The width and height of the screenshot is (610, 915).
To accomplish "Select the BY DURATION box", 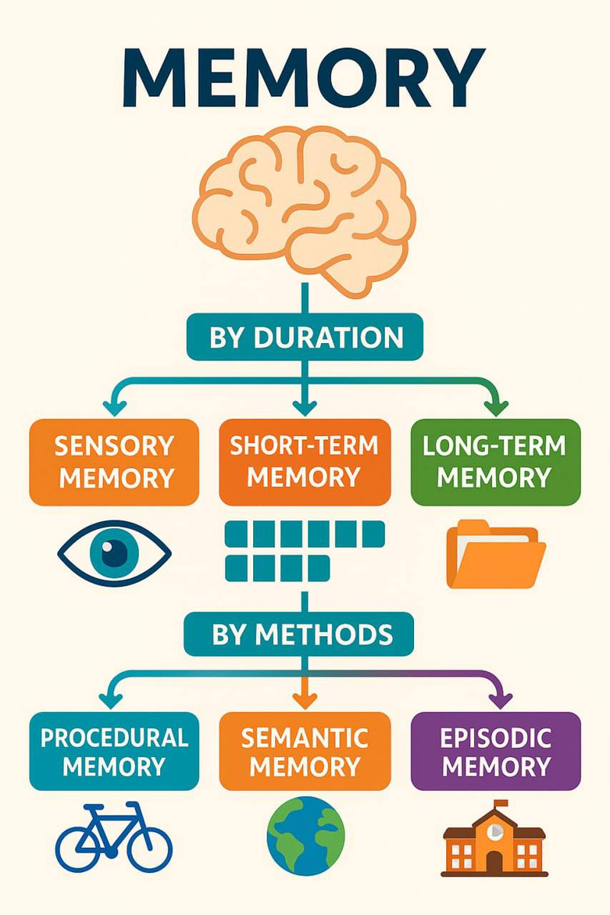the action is pyautogui.click(x=305, y=337).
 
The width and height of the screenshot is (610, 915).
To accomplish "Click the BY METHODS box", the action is pyautogui.click(x=305, y=634).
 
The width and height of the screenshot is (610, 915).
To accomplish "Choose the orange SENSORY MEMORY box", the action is pyautogui.click(x=114, y=461).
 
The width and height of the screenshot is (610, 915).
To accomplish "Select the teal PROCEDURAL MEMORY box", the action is pyautogui.click(x=114, y=751).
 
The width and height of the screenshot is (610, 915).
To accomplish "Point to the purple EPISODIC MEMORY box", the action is pyautogui.click(x=496, y=751).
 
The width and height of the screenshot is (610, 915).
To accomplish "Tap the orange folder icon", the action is pyautogui.click(x=496, y=554).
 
